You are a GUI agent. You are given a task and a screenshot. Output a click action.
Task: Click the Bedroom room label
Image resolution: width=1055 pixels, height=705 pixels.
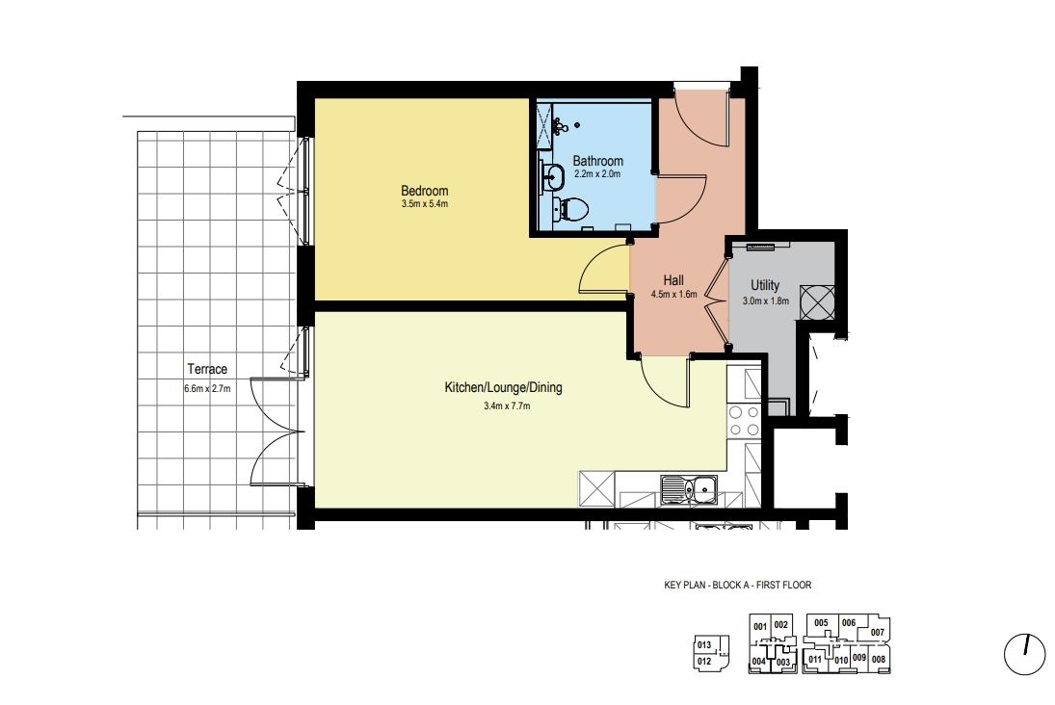[425, 191]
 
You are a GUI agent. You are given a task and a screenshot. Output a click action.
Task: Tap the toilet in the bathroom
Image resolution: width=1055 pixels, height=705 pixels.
[569, 207]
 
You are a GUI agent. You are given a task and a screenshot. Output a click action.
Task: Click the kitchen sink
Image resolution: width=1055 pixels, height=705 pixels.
[689, 488]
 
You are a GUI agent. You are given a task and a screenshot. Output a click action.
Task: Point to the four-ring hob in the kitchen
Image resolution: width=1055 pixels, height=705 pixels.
[744, 421]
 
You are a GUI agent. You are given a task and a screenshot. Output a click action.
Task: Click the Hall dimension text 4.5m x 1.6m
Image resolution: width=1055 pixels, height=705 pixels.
[673, 294]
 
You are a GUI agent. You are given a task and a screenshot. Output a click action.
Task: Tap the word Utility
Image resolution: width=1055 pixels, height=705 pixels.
[765, 285]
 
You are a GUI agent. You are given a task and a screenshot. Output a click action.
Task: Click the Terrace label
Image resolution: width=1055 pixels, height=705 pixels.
[207, 369]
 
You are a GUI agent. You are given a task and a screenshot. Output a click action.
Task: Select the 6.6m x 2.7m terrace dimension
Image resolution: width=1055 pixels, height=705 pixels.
[207, 388]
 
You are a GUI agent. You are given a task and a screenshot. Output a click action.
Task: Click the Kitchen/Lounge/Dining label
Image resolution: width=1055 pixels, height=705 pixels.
[503, 387]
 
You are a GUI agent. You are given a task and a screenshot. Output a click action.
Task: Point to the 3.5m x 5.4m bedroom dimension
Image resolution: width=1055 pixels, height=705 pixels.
[425, 204]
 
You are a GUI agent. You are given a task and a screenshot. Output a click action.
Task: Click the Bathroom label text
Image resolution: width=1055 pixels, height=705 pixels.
[597, 161]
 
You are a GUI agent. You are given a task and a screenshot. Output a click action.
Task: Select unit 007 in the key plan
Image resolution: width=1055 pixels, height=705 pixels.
[878, 633]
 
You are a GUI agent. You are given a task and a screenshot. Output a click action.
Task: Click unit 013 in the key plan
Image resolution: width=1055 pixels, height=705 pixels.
[703, 645]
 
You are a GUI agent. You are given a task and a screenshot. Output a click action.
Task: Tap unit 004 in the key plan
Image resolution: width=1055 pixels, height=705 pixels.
[758, 662]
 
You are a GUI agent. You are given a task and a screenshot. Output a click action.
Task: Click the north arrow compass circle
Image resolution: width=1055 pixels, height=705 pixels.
[1025, 654]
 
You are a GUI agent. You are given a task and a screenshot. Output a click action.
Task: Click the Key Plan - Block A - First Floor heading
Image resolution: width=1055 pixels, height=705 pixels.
[737, 586]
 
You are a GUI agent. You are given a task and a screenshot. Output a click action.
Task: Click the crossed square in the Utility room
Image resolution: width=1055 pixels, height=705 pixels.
[817, 302]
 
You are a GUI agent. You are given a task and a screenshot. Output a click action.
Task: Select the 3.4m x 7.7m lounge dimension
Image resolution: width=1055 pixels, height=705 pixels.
[507, 406]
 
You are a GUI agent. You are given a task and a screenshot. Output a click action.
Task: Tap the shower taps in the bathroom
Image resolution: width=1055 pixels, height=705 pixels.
[560, 125]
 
